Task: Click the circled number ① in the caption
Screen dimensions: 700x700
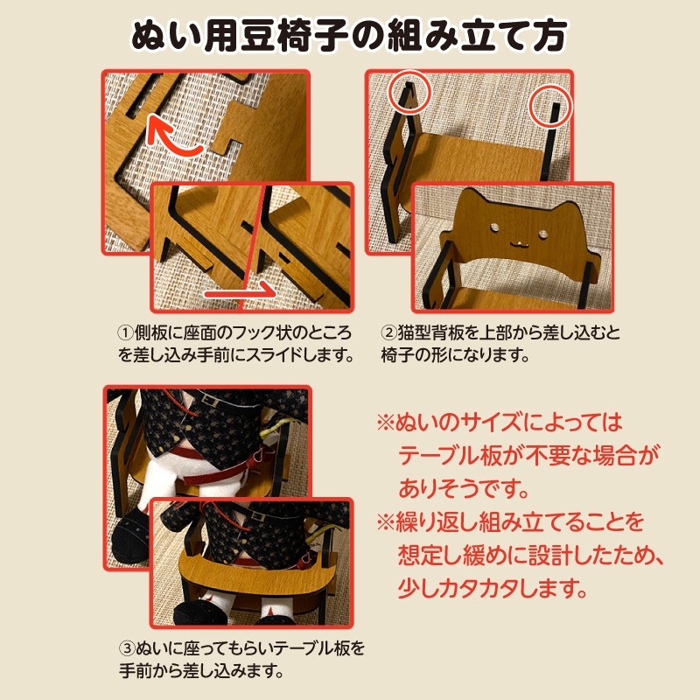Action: [125, 333]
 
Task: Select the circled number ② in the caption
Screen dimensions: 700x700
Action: [388, 333]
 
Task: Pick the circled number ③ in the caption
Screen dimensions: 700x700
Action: [125, 650]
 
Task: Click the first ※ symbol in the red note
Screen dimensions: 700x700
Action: [386, 423]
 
